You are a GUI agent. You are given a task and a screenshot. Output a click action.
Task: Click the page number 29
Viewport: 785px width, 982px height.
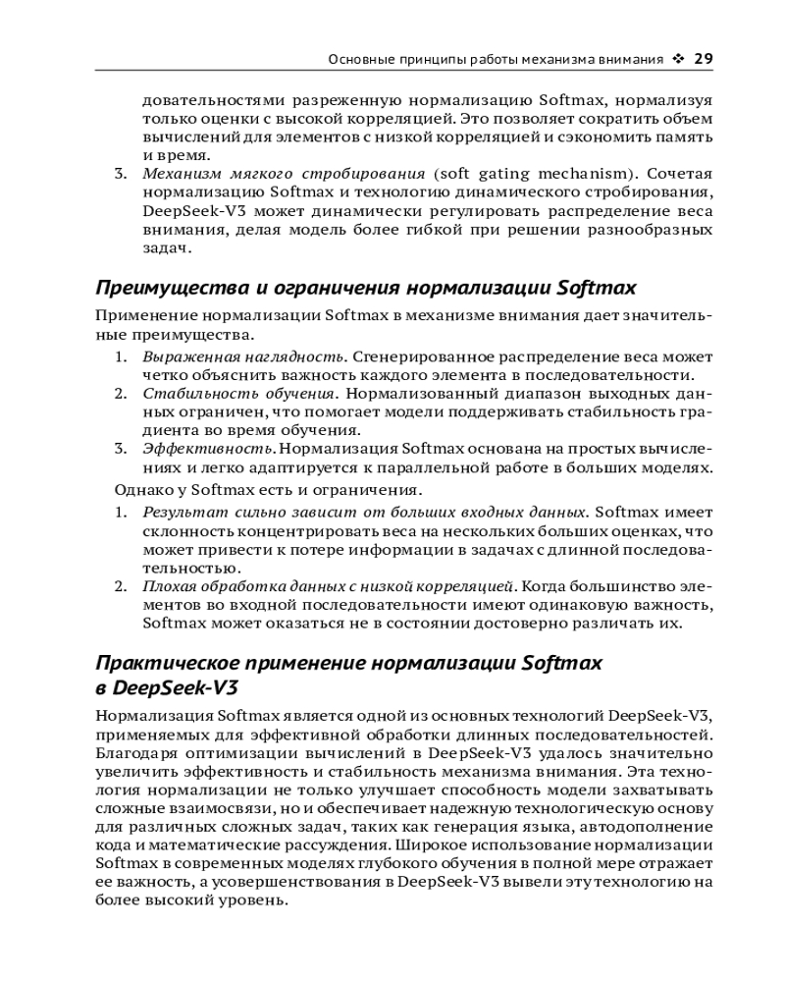click(703, 59)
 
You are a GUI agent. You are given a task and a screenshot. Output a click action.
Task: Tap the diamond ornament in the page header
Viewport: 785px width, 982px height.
click(678, 59)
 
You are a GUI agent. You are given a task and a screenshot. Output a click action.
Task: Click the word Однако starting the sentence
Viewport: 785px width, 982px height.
click(139, 489)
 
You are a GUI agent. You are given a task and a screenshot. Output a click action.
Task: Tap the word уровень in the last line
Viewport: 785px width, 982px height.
click(258, 901)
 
